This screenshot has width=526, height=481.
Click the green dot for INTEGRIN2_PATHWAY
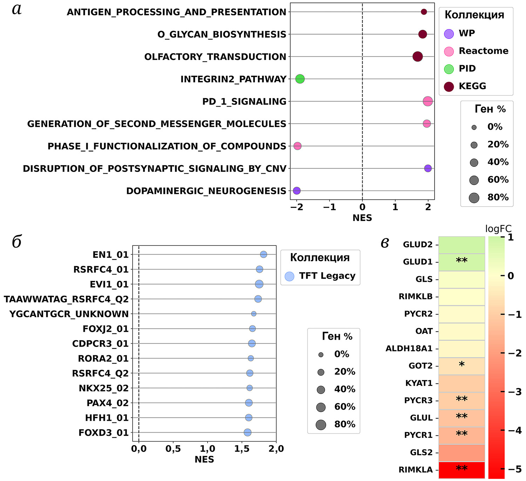pos(300,79)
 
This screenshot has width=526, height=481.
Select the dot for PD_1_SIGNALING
pos(427,101)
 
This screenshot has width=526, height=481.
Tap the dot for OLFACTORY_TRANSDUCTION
pos(417,56)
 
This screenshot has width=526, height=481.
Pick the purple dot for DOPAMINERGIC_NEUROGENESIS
pos(297,191)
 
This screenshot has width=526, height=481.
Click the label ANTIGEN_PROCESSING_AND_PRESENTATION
pos(176,12)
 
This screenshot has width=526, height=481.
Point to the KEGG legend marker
pos(449,86)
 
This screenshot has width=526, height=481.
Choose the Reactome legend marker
pos(449,51)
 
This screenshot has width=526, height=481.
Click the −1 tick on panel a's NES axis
pos(330,207)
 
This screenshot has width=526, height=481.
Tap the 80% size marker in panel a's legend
pos(474,198)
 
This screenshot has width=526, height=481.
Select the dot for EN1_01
pos(263,255)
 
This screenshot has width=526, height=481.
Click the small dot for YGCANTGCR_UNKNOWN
pos(254,314)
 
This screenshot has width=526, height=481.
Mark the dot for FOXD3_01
pos(248,433)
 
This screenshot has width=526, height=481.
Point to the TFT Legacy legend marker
pos(289,276)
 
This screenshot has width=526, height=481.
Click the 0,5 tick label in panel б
pos(173,449)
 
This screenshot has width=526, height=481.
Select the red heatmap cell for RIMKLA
pos(461,470)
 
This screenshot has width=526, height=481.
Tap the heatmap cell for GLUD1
pos(461,262)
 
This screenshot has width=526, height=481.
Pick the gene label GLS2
pos(421,453)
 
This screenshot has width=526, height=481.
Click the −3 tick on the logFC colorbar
pos(515,392)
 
